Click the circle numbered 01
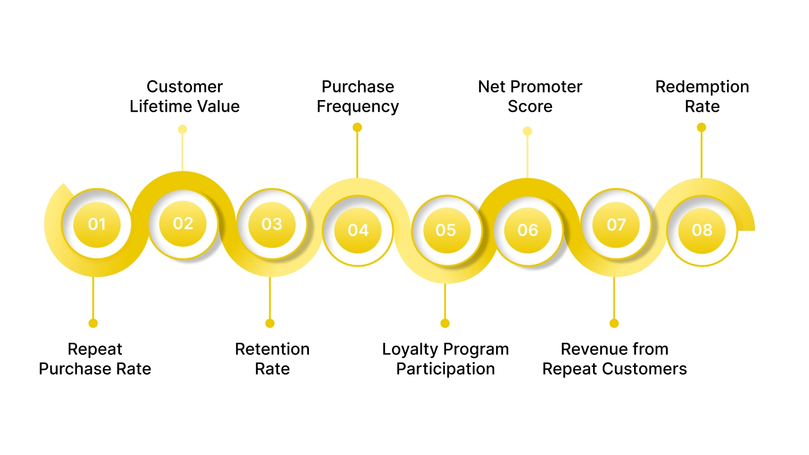97,224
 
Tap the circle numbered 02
183,223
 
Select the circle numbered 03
272,224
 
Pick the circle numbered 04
358,230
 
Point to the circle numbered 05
445,230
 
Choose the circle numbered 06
528,230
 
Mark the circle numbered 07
616,224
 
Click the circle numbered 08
702,230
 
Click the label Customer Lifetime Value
185,97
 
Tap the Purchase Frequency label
357,97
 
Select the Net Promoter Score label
530,97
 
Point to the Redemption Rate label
702,97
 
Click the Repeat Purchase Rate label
95,359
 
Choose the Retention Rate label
272,359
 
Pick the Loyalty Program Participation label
445,359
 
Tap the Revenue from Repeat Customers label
614,359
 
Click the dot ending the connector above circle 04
357,127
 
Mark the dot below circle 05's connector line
445,323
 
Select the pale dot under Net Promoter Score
527,131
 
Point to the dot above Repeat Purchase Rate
93,323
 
